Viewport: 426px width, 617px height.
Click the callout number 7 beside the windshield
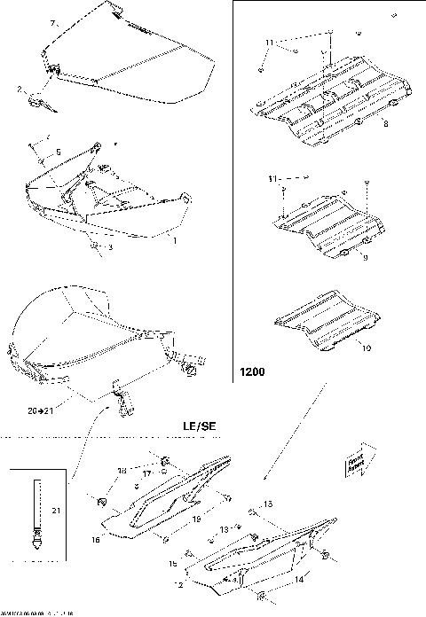52,22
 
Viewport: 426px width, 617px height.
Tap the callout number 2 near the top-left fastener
20,89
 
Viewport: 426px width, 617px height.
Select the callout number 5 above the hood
59,153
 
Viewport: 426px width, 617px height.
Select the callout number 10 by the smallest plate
365,348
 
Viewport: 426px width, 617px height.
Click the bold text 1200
253,372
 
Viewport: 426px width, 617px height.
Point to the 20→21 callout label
40,411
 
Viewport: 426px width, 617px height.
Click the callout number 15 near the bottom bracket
173,564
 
